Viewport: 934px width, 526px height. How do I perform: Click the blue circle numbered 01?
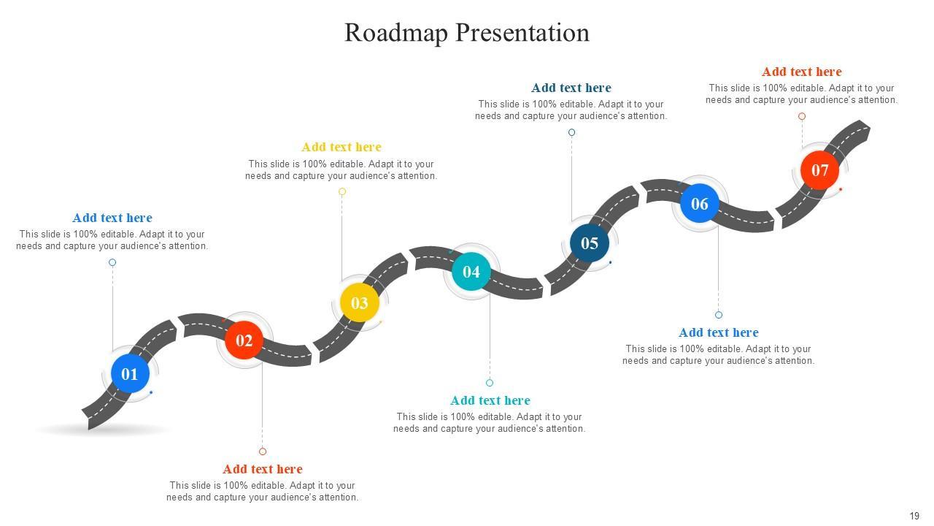(130, 374)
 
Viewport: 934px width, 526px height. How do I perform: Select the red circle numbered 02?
(244, 340)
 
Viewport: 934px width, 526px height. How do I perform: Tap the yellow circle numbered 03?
(360, 303)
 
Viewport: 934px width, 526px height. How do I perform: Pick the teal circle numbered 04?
(471, 272)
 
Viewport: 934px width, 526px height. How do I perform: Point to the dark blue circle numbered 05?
(590, 243)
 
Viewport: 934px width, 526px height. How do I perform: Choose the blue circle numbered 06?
(700, 204)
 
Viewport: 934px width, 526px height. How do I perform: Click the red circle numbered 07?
(820, 170)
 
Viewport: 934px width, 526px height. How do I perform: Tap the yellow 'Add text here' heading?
(341, 147)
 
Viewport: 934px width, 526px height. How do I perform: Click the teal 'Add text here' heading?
(490, 400)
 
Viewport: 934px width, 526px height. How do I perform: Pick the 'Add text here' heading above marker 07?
(802, 72)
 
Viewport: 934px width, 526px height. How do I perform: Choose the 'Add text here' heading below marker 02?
(263, 469)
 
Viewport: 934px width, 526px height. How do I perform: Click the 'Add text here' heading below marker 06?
(719, 332)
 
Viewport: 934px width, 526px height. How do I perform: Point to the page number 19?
(914, 516)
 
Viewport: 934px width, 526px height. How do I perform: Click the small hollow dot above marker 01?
(112, 262)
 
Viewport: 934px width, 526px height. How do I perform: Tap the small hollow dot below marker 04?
(490, 383)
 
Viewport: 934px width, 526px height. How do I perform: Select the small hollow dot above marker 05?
(572, 132)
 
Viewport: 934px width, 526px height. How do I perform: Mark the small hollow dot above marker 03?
(342, 191)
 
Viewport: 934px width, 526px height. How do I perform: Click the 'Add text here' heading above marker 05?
(571, 88)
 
